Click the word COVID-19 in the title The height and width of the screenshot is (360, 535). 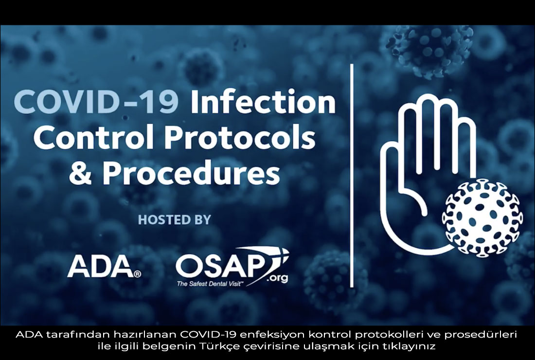96,102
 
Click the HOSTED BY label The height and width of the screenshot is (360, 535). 174,219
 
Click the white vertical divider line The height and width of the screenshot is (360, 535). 352,176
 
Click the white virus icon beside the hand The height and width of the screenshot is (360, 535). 482,218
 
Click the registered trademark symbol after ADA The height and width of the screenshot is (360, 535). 138,274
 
